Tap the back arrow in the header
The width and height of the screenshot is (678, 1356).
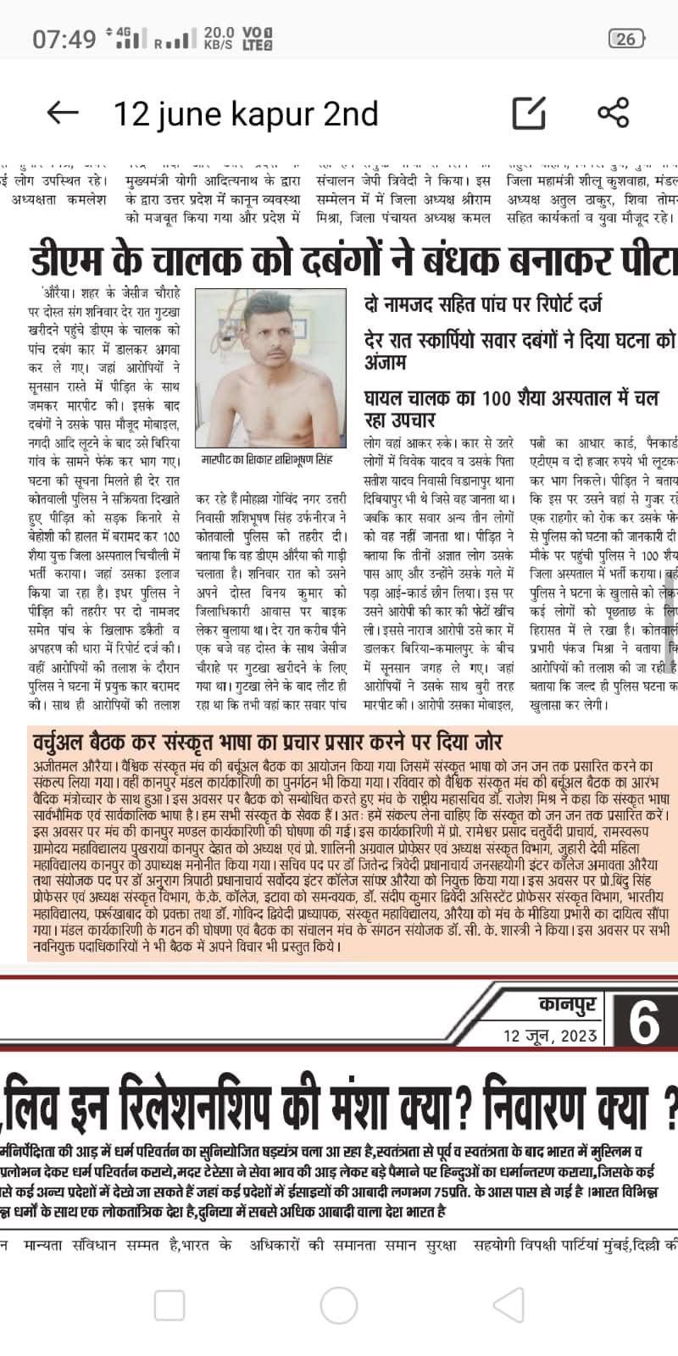tap(62, 113)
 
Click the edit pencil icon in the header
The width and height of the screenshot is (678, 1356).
tap(528, 113)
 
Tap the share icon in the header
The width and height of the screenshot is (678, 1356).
tap(613, 113)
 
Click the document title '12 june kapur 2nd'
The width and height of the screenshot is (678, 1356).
tap(246, 113)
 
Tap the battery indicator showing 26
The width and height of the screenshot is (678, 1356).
tap(626, 38)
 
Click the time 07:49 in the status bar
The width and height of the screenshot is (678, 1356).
tap(64, 39)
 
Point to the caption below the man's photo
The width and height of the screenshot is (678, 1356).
tap(268, 459)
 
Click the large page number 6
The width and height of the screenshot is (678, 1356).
tap(644, 1023)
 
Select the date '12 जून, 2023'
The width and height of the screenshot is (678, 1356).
tap(550, 1036)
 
